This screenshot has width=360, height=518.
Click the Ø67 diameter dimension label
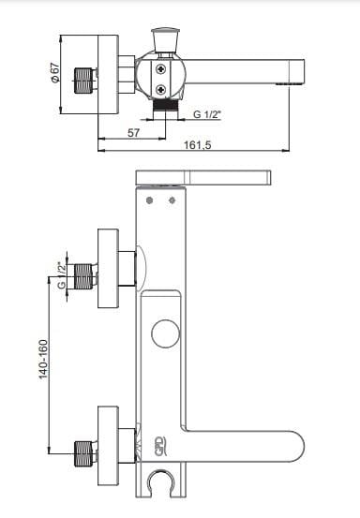(x=55, y=72)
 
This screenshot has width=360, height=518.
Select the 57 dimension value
(x=133, y=133)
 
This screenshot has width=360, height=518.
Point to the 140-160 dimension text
(x=44, y=359)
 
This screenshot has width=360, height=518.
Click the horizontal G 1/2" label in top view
(x=207, y=114)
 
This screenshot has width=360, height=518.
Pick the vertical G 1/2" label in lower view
(x=62, y=275)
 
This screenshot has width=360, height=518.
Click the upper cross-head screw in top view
(x=161, y=69)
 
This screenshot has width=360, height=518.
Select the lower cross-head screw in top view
(x=161, y=89)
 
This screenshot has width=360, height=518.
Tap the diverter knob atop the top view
(x=166, y=40)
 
